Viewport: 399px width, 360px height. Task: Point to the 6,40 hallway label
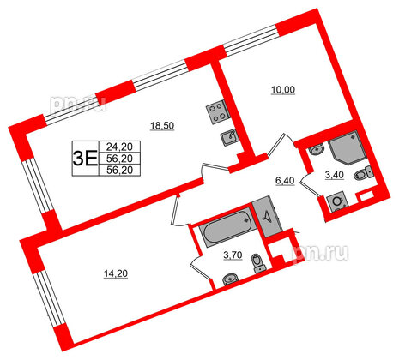[x=285, y=182]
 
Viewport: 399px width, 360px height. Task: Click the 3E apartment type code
[x=83, y=158]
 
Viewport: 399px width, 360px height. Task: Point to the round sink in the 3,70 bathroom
[x=228, y=279]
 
